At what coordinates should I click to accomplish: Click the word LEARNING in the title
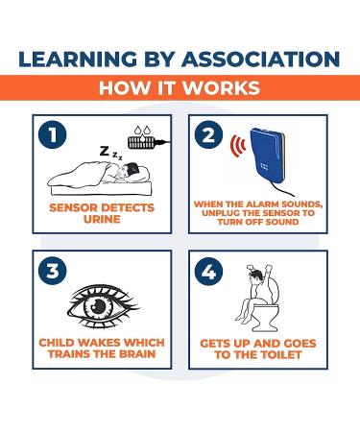[x=78, y=59]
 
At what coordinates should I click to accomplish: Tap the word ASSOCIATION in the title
[x=262, y=59]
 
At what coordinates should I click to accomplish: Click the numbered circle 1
[x=53, y=134]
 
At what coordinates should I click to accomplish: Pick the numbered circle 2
[x=208, y=134]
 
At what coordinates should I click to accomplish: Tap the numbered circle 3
[x=53, y=271]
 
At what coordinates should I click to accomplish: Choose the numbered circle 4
[x=208, y=272]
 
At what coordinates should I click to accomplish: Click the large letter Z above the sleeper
[x=105, y=151]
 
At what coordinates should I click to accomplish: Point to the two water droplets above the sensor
[x=142, y=131]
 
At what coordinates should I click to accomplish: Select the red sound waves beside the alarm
[x=238, y=146]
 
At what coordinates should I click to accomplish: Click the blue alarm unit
[x=268, y=160]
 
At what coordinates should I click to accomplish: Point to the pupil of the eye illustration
[x=96, y=304]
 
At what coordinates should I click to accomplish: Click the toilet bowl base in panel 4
[x=263, y=325]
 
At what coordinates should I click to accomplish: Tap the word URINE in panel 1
[x=102, y=219]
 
